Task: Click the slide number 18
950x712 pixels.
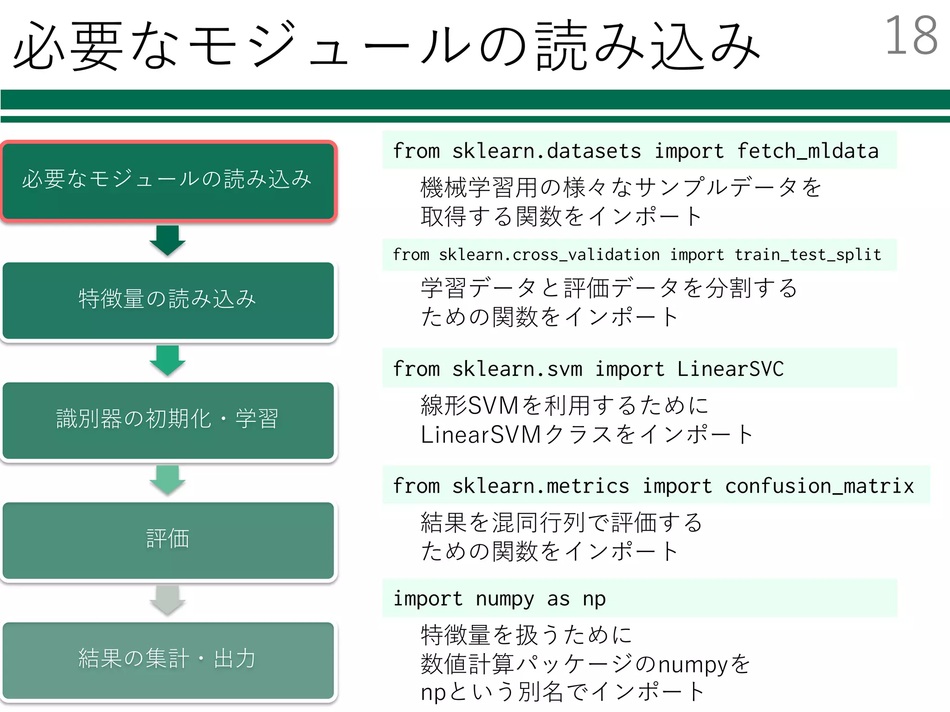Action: (911, 36)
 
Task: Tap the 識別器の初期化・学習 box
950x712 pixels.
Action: (168, 420)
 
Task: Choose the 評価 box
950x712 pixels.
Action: (168, 540)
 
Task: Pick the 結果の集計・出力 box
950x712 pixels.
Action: (168, 660)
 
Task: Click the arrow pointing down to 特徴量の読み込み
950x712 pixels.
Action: (167, 240)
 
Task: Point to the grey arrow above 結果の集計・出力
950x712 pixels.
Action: (167, 600)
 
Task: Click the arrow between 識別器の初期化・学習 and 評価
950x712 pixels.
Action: (167, 480)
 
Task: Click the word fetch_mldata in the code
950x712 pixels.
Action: (808, 151)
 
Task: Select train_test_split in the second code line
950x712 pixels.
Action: (808, 254)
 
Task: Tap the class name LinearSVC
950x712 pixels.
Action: (730, 369)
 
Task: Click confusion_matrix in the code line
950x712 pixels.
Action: (819, 486)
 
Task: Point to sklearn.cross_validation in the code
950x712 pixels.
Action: (549, 254)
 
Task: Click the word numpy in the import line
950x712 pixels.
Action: (505, 599)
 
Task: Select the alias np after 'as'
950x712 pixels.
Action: (594, 599)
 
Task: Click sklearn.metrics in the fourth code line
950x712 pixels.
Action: (540, 486)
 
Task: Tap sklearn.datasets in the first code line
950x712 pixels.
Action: (546, 151)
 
